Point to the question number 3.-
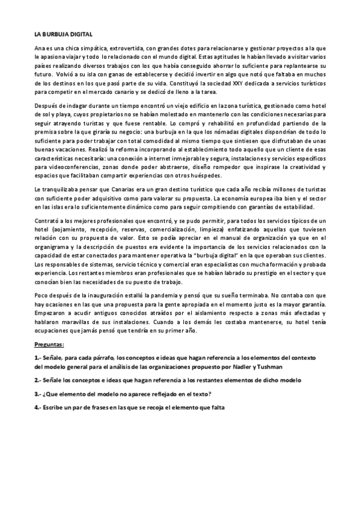(38, 394)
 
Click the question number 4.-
(38, 408)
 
